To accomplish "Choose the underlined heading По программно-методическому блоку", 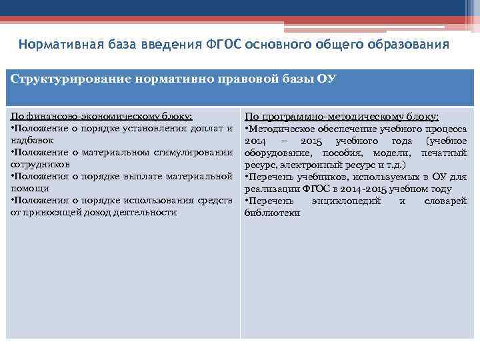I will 341,116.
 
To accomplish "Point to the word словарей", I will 445,201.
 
